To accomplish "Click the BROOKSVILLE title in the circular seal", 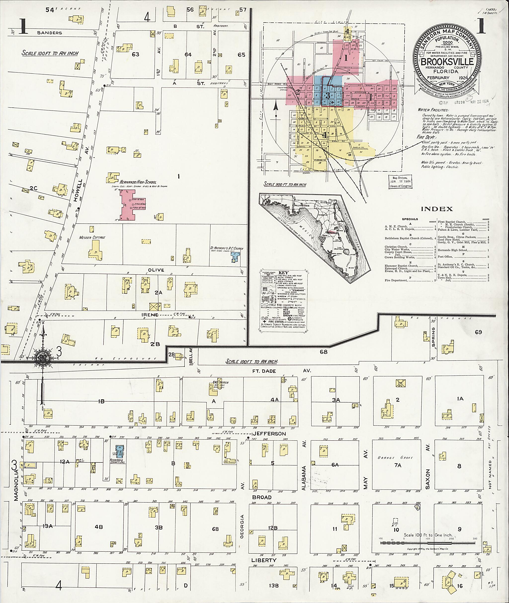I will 447,62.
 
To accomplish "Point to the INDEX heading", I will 437,209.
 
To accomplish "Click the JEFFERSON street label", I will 269,433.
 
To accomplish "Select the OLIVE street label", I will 156,270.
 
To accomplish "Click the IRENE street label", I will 149,315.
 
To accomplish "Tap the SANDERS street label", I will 49,33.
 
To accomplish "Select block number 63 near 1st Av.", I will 135,54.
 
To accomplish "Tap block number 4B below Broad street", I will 99,527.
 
